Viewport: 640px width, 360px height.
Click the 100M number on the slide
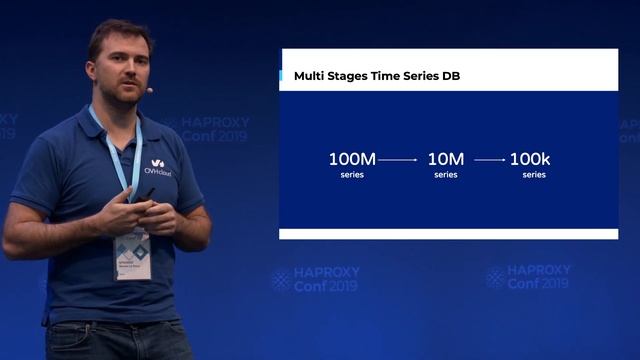click(x=351, y=159)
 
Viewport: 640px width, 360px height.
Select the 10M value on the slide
click(x=445, y=159)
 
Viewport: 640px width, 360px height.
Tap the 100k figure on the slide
click(x=530, y=159)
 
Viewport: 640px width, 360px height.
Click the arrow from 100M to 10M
click(x=398, y=159)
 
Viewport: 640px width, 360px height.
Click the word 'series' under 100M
click(x=351, y=175)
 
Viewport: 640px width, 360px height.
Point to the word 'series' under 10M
click(x=445, y=175)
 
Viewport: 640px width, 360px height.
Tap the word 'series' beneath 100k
click(x=533, y=175)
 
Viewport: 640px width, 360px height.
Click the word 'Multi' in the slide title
click(x=310, y=76)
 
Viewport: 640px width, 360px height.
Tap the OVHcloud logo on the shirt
click(x=159, y=166)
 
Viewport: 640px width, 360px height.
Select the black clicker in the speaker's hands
click(x=145, y=206)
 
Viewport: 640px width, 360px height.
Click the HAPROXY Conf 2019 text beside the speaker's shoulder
click(x=213, y=129)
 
